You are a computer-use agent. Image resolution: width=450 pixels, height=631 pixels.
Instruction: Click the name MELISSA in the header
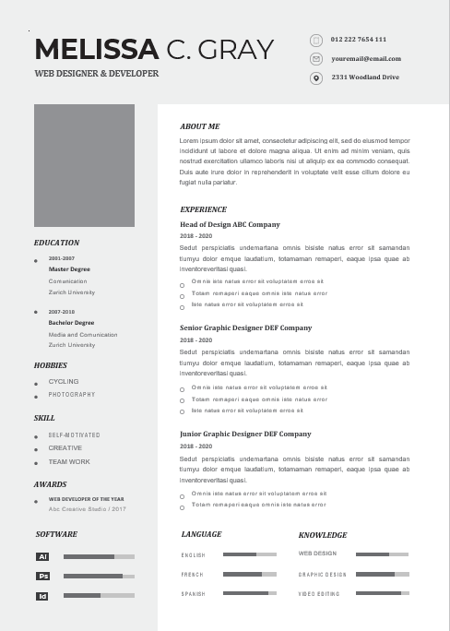pyautogui.click(x=96, y=49)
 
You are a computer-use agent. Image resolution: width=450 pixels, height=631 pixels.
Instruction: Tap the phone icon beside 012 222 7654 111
pyautogui.click(x=316, y=41)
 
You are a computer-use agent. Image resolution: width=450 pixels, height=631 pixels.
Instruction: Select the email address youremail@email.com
pyautogui.click(x=366, y=59)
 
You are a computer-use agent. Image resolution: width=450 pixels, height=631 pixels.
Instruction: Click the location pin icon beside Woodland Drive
pyautogui.click(x=316, y=77)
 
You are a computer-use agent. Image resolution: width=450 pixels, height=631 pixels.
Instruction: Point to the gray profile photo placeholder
pyautogui.click(x=84, y=164)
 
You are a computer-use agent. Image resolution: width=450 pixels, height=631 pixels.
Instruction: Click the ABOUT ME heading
pyautogui.click(x=200, y=126)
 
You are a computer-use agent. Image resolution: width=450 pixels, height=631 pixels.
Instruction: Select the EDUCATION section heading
pyautogui.click(x=56, y=243)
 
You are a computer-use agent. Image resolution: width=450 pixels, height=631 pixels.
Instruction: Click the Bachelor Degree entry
pyautogui.click(x=71, y=323)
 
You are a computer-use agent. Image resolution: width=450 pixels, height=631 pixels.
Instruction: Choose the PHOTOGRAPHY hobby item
pyautogui.click(x=72, y=394)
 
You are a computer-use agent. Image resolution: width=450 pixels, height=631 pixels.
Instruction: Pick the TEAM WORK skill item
pyautogui.click(x=69, y=461)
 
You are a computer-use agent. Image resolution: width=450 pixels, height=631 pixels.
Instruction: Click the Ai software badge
pyautogui.click(x=42, y=557)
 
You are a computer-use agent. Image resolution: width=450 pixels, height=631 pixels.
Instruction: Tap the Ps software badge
pyautogui.click(x=42, y=577)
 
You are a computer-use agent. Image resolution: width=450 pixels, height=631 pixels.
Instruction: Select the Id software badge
pyautogui.click(x=42, y=597)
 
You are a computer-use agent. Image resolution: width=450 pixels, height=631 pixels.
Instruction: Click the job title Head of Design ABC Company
pyautogui.click(x=230, y=224)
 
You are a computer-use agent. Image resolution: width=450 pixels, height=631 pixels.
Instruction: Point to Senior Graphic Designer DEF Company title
pyautogui.click(x=245, y=327)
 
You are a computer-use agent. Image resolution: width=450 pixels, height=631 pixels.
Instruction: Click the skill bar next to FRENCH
pyautogui.click(x=250, y=574)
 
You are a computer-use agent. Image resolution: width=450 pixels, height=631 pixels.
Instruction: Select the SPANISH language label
pyautogui.click(x=193, y=593)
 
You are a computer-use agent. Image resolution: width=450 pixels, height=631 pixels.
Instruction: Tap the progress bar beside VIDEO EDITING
pyautogui.click(x=382, y=593)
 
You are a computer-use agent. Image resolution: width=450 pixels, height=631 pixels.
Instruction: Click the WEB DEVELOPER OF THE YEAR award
pyautogui.click(x=87, y=499)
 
